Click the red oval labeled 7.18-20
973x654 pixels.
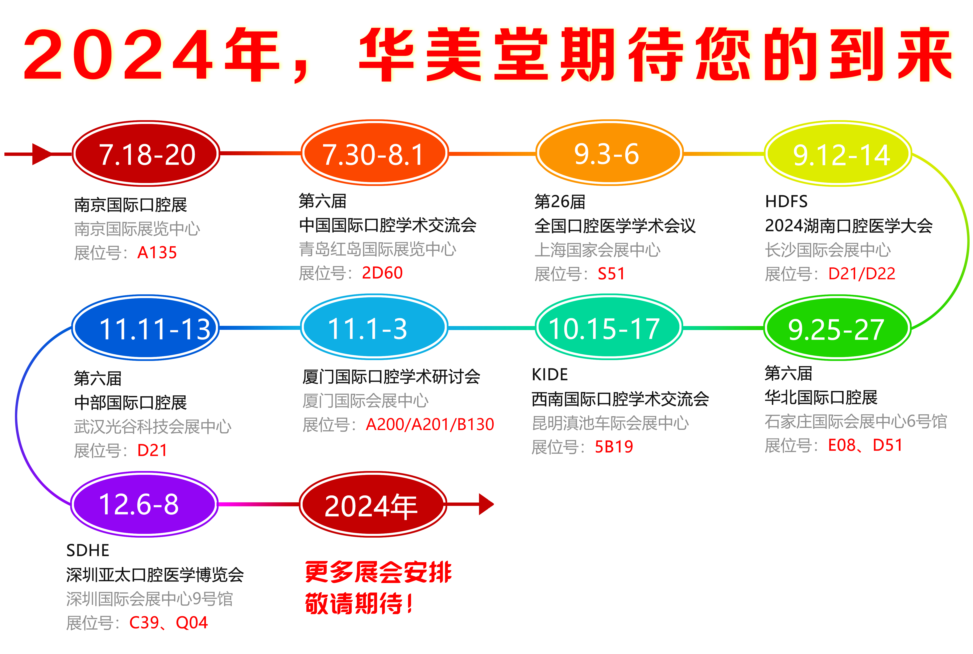pyautogui.click(x=146, y=154)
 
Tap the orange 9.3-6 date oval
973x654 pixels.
pyautogui.click(x=609, y=153)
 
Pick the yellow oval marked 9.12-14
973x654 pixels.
pyautogui.click(x=838, y=154)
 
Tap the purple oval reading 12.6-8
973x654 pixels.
pyautogui.click(x=144, y=504)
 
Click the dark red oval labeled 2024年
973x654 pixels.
pyautogui.click(x=373, y=504)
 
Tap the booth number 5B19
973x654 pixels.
pyautogui.click(x=614, y=447)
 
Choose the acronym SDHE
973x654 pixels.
pyautogui.click(x=88, y=551)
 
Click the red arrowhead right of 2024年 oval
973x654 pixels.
pyautogui.click(x=486, y=504)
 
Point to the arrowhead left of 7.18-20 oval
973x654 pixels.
pyautogui.click(x=42, y=154)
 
